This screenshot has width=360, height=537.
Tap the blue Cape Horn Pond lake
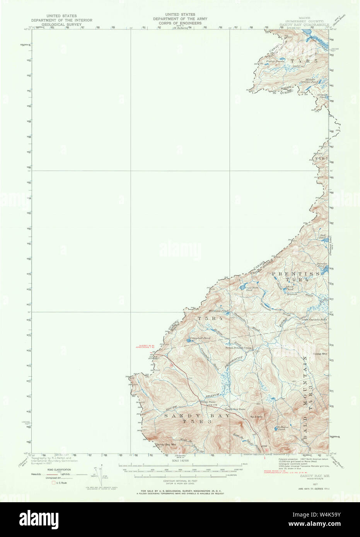(x=244, y=287)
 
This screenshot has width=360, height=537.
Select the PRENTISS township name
(x=295, y=274)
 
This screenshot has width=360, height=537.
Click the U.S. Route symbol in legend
(x=54, y=483)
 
